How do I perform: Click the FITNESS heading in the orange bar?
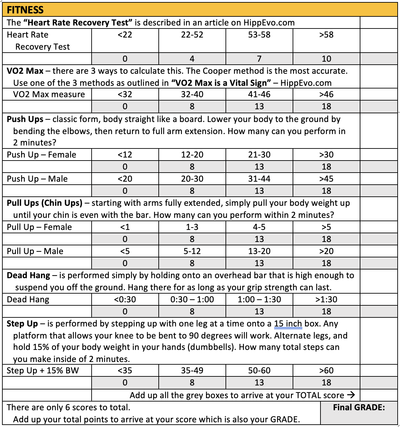pos(25,10)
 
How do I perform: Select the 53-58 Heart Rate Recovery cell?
pos(259,35)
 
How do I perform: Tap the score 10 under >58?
pos(326,59)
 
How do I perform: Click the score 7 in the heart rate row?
pos(259,59)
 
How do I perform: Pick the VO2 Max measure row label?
pos(49,95)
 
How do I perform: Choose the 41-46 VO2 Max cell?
pos(259,95)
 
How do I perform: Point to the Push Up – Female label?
pos(42,155)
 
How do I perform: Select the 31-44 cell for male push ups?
pos(259,179)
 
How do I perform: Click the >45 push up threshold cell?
pos(326,179)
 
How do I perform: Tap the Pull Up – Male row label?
pos(35,251)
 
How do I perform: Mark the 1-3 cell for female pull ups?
pos(192,227)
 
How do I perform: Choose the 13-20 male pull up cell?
pos(259,251)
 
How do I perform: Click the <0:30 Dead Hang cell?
pos(125,300)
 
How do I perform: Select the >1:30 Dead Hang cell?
pos(326,300)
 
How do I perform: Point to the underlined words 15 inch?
pos(288,324)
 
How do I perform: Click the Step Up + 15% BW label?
pos(43,371)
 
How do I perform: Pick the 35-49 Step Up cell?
pos(192,371)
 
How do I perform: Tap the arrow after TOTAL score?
pos(351,395)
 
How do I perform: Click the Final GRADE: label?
pos(359,408)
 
